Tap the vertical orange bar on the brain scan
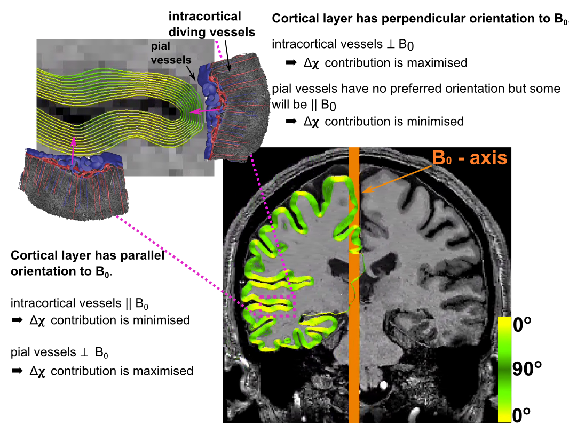pos(353,320)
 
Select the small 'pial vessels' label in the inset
pos(168,53)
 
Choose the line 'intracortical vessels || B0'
pos(79,304)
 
